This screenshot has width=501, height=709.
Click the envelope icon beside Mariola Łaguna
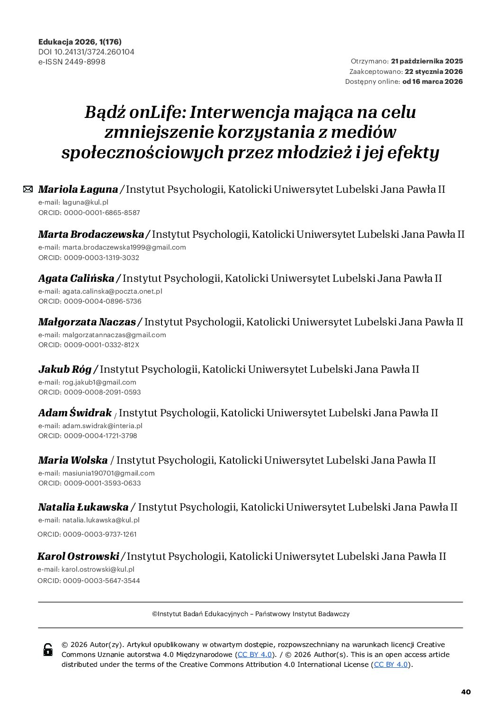tap(28, 189)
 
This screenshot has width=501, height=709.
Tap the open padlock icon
tap(48, 650)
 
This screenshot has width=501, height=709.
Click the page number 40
tap(466, 692)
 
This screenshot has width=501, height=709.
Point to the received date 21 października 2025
tap(427, 62)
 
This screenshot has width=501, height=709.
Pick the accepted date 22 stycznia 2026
tap(433, 72)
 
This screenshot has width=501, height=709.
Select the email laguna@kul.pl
tap(85, 202)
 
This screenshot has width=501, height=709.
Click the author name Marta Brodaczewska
tap(91, 234)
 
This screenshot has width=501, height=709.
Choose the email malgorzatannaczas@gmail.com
tap(114, 335)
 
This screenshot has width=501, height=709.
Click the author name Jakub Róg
tap(65, 369)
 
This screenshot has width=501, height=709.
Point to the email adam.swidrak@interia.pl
tap(102, 426)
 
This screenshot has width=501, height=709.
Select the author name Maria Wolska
tap(73, 460)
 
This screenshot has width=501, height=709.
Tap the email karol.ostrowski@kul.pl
tap(98, 570)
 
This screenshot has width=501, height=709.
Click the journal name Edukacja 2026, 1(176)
tap(80, 42)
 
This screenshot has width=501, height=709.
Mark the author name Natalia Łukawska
tap(83, 507)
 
